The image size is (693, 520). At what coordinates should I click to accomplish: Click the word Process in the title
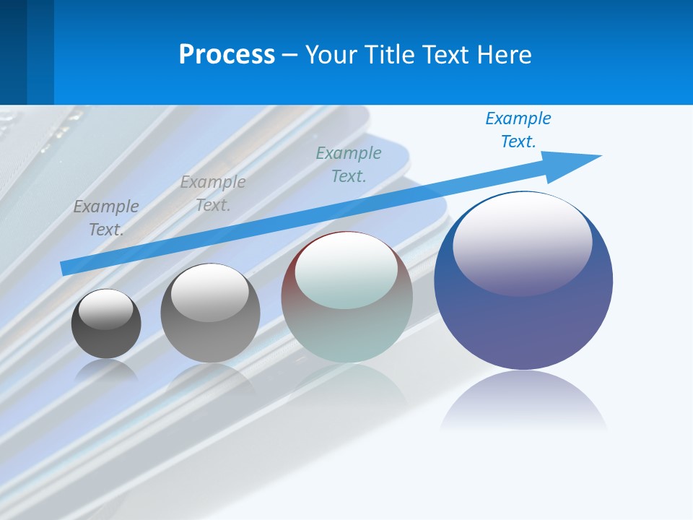pyautogui.click(x=227, y=55)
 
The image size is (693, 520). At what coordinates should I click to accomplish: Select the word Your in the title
pyautogui.click(x=330, y=55)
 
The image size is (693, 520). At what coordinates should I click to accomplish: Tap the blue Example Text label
pyautogui.click(x=518, y=130)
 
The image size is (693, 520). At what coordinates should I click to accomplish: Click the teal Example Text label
pyautogui.click(x=349, y=164)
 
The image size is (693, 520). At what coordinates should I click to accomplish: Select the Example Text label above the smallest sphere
pyautogui.click(x=106, y=217)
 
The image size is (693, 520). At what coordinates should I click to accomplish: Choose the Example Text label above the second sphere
pyautogui.click(x=213, y=193)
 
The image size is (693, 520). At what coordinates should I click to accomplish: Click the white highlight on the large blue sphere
pyautogui.click(x=522, y=242)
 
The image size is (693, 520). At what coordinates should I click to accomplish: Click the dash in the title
pyautogui.click(x=289, y=55)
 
